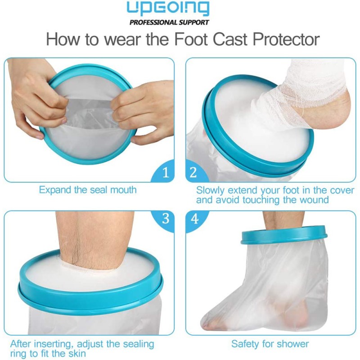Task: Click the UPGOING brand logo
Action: (x=168, y=8)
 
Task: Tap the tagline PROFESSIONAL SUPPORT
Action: (x=169, y=22)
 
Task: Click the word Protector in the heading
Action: (x=286, y=39)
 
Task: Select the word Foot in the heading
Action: (x=192, y=39)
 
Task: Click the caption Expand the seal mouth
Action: (x=88, y=190)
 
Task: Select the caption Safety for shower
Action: (x=270, y=344)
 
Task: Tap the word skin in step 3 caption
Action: (x=76, y=353)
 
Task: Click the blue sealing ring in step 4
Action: (x=284, y=234)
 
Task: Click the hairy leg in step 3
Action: (x=94, y=239)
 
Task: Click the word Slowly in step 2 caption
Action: (x=210, y=190)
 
